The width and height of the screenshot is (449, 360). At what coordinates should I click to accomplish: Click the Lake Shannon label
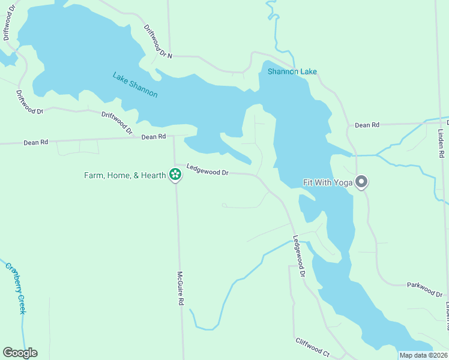click(135, 85)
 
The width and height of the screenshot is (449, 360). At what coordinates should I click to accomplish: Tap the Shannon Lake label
click(292, 72)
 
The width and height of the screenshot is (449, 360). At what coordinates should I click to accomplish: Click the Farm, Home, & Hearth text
click(125, 175)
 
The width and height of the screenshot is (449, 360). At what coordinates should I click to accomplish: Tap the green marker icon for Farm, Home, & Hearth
click(175, 175)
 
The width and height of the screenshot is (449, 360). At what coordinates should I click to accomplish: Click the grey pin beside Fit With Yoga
click(361, 181)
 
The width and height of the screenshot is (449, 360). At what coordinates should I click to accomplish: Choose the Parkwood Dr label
click(424, 289)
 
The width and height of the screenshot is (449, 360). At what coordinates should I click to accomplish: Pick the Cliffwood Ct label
click(312, 347)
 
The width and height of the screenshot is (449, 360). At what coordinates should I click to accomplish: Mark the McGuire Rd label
click(179, 289)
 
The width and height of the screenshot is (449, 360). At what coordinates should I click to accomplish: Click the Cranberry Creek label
click(16, 288)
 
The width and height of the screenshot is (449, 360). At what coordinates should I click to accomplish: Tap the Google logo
click(20, 353)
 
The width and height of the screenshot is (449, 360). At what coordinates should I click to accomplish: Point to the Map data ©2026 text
click(424, 355)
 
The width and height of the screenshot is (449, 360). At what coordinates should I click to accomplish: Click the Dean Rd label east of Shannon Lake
click(367, 125)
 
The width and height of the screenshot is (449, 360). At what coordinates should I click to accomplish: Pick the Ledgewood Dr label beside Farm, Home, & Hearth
click(207, 170)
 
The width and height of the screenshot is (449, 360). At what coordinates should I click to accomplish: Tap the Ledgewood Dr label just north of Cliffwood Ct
click(299, 255)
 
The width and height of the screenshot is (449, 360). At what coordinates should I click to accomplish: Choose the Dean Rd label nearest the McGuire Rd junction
click(153, 137)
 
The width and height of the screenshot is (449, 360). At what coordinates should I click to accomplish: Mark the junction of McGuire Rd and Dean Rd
click(174, 137)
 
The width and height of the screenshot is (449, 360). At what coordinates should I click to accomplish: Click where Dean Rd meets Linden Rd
click(440, 122)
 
